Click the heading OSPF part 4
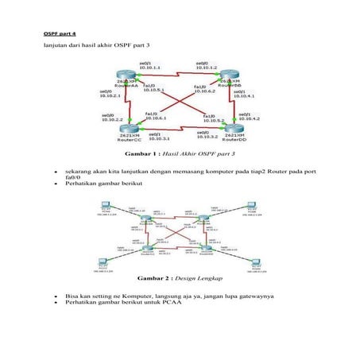[59, 34]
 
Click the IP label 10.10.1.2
[207, 68]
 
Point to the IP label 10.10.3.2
[207, 138]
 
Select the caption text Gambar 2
[155, 279]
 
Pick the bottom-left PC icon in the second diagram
[102, 264]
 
